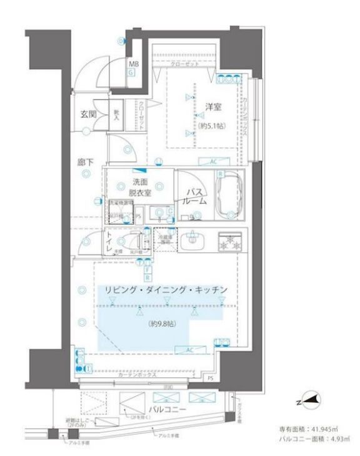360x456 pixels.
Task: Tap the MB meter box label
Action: click(133, 64)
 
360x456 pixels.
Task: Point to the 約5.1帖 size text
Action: click(213, 125)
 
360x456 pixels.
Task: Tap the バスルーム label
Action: click(194, 196)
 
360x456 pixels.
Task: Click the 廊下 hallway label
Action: click(85, 162)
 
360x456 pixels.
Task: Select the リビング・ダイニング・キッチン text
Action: click(161, 290)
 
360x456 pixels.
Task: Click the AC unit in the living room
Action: click(187, 351)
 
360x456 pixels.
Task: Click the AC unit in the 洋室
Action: click(213, 161)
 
